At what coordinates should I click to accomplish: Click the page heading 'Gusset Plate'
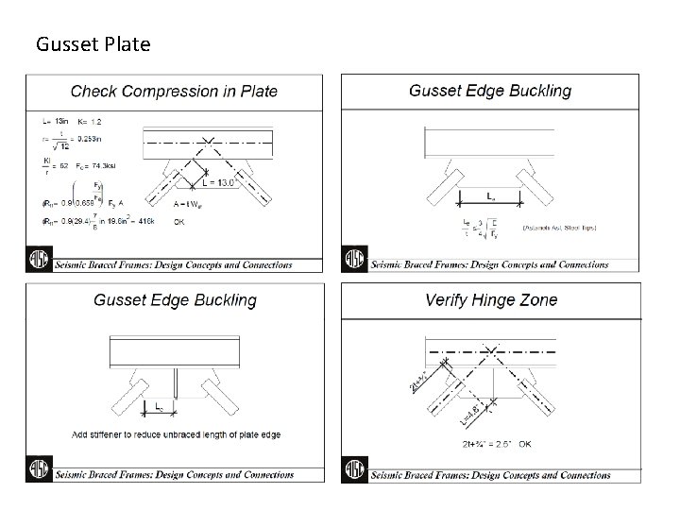[92, 43]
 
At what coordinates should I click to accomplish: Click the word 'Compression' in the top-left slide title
[174, 92]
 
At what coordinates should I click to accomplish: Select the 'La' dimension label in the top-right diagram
[489, 196]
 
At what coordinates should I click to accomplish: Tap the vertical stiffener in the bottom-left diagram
[176, 382]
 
